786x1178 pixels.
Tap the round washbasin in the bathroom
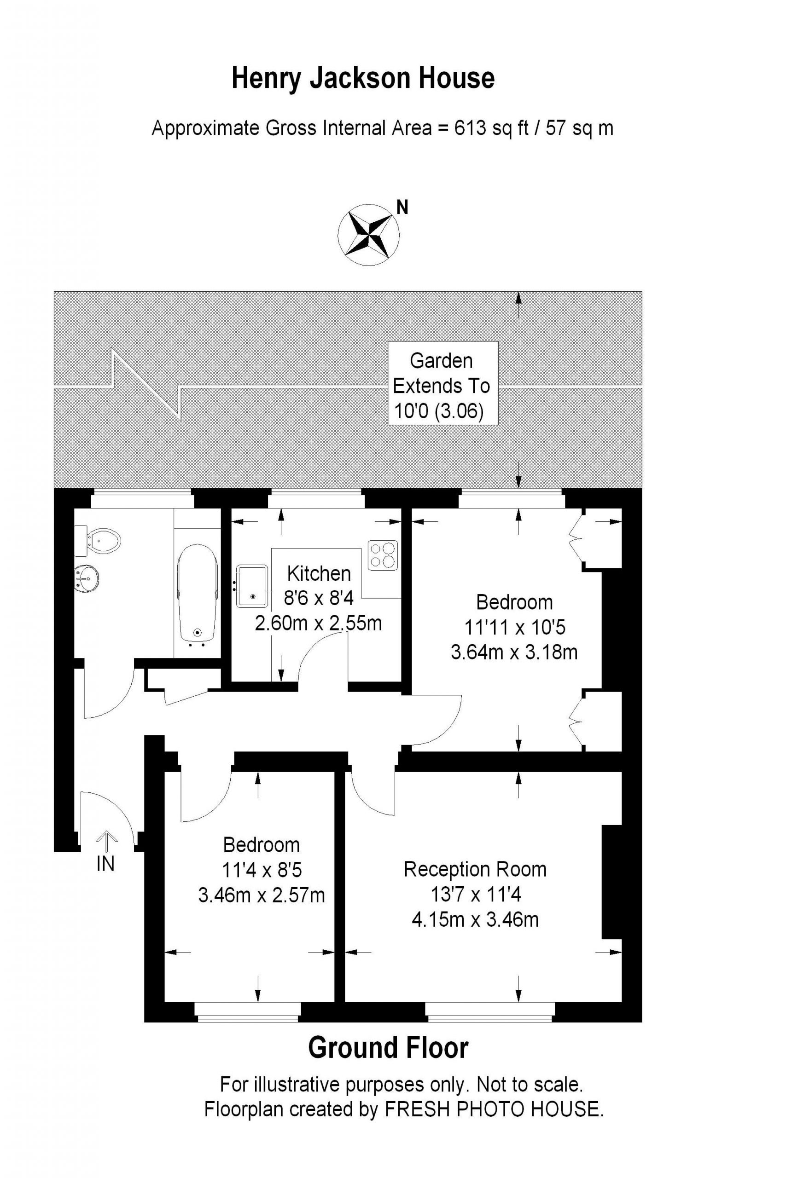pyautogui.click(x=86, y=579)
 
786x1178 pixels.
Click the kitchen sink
pyautogui.click(x=252, y=586)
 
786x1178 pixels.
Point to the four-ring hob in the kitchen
pyautogui.click(x=383, y=555)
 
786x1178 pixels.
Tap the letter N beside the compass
pyautogui.click(x=402, y=207)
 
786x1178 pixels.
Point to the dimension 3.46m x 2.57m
pyautogui.click(x=262, y=895)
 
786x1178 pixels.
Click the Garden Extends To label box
pyautogui.click(x=443, y=383)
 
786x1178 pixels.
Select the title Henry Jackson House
pyautogui.click(x=363, y=79)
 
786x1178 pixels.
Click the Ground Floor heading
pyautogui.click(x=389, y=1048)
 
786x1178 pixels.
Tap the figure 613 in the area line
pyautogui.click(x=470, y=128)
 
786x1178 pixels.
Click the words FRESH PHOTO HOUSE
pyautogui.click(x=494, y=1109)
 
